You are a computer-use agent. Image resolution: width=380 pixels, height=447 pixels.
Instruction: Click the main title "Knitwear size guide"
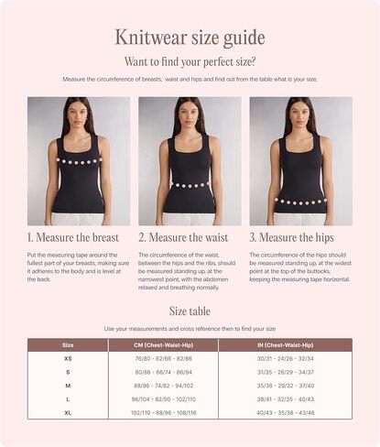click(190, 38)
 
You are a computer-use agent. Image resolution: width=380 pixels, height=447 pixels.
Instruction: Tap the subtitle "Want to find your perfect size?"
click(190, 61)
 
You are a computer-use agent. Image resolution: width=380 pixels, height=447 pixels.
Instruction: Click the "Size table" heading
click(190, 311)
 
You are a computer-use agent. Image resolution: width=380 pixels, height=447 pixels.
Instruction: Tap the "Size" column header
click(68, 344)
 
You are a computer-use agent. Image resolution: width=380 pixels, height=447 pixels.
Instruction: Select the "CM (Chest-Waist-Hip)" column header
click(163, 344)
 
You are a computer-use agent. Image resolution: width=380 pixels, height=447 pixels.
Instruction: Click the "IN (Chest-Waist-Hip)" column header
click(298, 344)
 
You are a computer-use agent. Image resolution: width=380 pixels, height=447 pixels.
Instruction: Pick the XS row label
click(68, 359)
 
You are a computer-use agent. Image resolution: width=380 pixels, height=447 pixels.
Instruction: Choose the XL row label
click(68, 412)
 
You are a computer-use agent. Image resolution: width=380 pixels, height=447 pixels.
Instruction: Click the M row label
click(68, 386)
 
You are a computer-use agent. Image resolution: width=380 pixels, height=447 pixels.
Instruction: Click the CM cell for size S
click(163, 373)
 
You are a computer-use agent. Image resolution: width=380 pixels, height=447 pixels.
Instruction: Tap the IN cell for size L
click(298, 399)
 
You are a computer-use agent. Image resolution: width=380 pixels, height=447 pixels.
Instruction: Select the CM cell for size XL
click(163, 412)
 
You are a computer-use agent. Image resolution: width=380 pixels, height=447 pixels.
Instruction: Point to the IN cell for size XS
click(298, 359)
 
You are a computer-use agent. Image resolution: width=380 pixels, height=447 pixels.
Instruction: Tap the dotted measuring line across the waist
click(190, 185)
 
